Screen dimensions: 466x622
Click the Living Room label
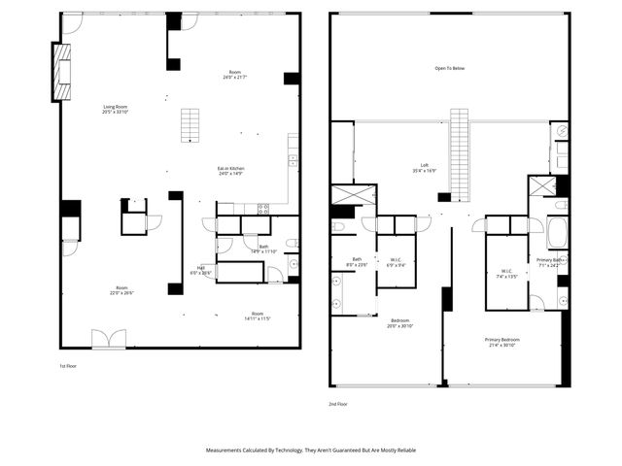coord(116,110)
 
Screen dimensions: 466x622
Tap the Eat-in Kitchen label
coord(229,171)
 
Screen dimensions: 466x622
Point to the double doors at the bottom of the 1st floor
coord(108,339)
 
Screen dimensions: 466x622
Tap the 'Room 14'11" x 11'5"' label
coord(257,316)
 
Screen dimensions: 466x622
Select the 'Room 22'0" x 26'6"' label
coord(121,290)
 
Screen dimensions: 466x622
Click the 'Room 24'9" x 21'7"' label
coord(234,75)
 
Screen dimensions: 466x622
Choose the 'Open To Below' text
coord(448,69)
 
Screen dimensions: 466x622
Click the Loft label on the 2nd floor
coord(424,168)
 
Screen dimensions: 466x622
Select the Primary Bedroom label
coord(501,342)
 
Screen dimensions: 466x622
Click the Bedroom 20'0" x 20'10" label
coord(401,323)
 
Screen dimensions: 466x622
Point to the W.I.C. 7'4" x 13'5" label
coord(506,273)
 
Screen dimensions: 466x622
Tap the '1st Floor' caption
coord(69,366)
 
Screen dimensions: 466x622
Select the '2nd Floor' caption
coord(338,403)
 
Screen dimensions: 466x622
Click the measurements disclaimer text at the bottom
coord(311,450)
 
